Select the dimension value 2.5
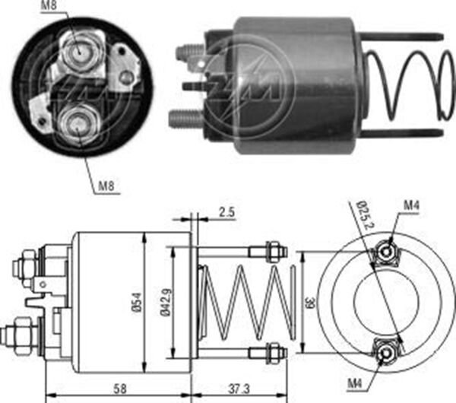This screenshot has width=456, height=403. [x=226, y=213]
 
